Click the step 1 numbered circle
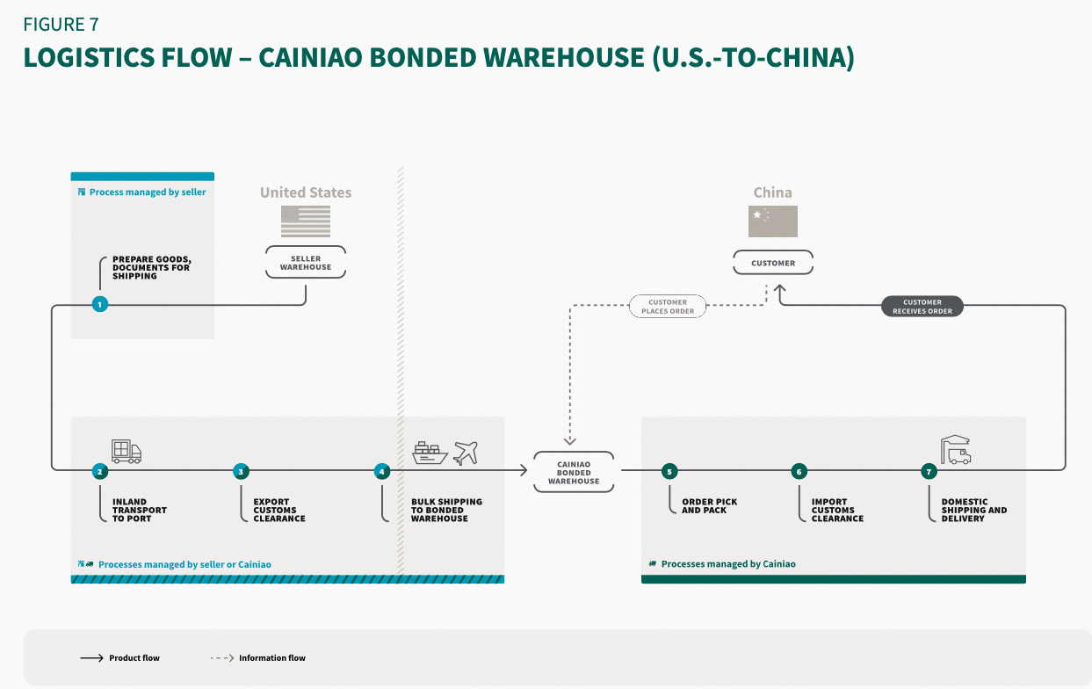coord(100,304)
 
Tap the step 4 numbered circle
coord(381,471)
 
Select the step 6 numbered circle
coord(799,471)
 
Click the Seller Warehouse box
coord(306,263)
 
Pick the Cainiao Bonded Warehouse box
coord(574,473)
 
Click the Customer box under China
coord(773,263)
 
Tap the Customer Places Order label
coord(668,306)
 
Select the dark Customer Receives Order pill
coord(922,306)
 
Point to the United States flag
coord(306,221)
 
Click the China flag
coord(773,221)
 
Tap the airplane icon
coord(466,453)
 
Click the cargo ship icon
coord(430,453)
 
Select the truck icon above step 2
coord(127,451)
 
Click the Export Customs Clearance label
coord(279,511)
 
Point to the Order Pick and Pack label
coord(709,506)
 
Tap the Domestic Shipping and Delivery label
coord(973,511)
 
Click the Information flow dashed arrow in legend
coord(222,657)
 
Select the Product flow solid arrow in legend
coord(92,657)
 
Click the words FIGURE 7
coord(61,24)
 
